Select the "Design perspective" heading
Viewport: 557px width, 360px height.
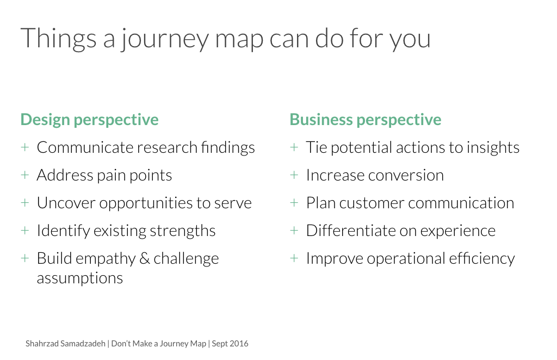click(x=89, y=120)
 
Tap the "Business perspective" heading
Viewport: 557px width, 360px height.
click(x=365, y=120)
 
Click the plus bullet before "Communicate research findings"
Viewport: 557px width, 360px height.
click(x=24, y=147)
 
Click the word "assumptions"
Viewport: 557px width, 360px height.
click(x=79, y=278)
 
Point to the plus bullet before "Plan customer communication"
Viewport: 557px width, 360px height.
click(x=294, y=203)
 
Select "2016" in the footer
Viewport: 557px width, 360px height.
click(x=239, y=344)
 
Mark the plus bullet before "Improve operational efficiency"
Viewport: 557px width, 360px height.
click(x=294, y=258)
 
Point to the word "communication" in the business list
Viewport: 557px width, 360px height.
click(x=461, y=203)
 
